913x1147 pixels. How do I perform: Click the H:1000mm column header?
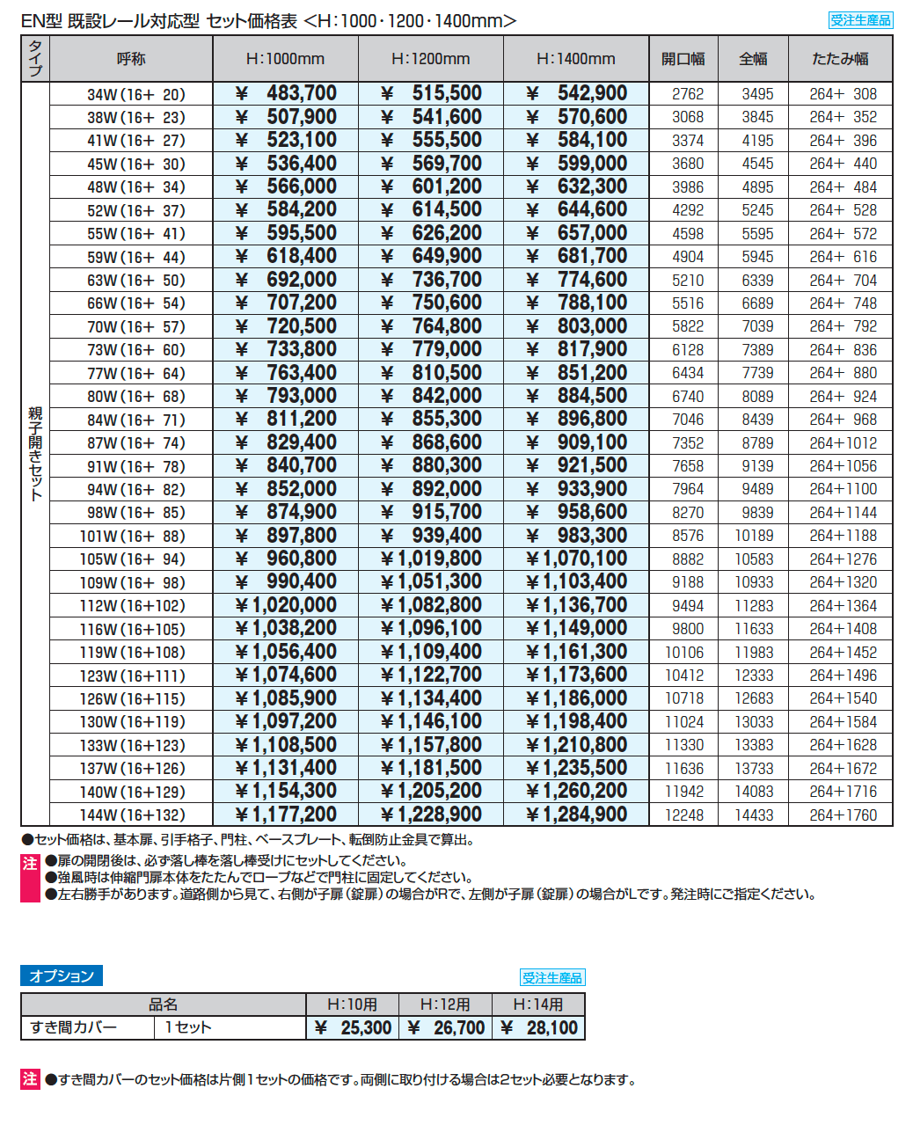pos(285,59)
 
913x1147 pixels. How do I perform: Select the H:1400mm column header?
pos(575,59)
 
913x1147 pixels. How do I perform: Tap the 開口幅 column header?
pos(683,59)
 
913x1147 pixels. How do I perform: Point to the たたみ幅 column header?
pos(840,59)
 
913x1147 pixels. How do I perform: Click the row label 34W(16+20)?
pos(135,94)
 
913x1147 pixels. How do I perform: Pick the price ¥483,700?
pos(286,93)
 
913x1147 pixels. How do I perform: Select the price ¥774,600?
pos(576,280)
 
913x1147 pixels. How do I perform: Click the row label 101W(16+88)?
pos(132,536)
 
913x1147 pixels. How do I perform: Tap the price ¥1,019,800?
pos(431,559)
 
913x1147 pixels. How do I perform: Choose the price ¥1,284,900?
pos(576,815)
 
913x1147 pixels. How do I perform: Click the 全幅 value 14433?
pos(754,815)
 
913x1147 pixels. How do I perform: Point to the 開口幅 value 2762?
pos(687,94)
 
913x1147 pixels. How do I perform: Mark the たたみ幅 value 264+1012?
pos(843,443)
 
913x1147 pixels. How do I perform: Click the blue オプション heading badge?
pos(62,975)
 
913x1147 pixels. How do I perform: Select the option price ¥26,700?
pos(445,1027)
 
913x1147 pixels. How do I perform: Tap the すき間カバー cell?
pos(74,1027)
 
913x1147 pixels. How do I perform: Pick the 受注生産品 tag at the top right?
pos(860,20)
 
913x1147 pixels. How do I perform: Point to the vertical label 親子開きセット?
pos(35,453)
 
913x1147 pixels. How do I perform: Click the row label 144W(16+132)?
pos(132,815)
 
